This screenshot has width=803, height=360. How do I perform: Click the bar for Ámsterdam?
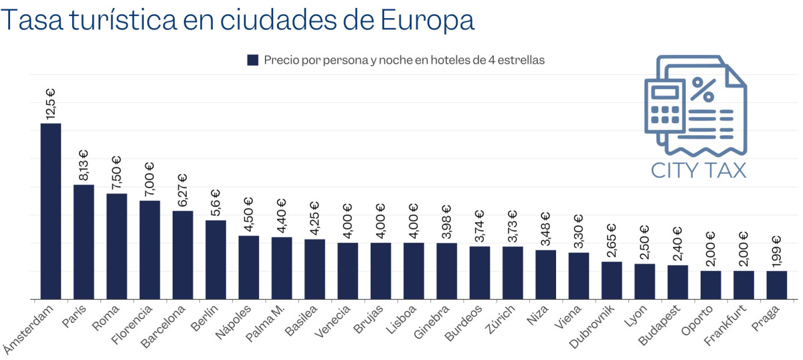pos(51,211)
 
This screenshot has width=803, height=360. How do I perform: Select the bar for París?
pos(84,242)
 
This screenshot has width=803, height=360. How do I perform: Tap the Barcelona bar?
pos(183,255)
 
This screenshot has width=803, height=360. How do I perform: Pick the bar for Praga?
pos(776,284)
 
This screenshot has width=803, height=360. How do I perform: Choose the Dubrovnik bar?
pos(612,280)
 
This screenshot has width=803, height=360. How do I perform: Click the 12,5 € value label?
pos(51,103)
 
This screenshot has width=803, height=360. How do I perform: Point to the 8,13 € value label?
pos(84,165)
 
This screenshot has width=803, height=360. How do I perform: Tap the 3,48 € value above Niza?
pos(545,230)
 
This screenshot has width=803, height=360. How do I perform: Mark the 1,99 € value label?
pos(776,251)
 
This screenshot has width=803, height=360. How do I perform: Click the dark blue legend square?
pos(253,60)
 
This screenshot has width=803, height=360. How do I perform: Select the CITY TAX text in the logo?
pos(699,170)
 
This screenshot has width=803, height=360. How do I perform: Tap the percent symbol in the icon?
pos(703,88)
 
